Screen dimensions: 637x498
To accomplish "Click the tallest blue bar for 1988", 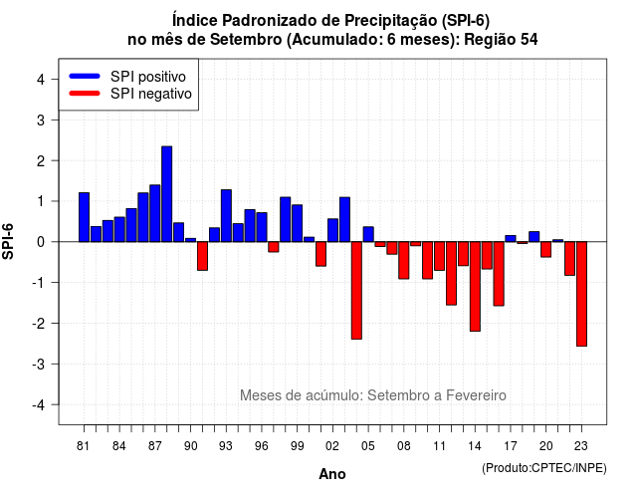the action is (166, 194).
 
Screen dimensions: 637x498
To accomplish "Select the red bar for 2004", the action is (356, 290).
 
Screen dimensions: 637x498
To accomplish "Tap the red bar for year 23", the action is (581, 294).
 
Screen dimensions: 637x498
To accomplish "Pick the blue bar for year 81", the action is (84, 217).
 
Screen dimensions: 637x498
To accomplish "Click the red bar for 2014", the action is (475, 287).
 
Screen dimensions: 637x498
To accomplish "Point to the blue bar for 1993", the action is (226, 215).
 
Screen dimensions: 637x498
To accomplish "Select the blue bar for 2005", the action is (368, 234).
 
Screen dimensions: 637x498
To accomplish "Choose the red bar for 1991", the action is (202, 256).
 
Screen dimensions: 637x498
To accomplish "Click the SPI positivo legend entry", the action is (127, 77).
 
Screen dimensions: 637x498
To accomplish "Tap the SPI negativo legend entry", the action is (130, 94).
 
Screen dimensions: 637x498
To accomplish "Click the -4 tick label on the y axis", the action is (39, 405).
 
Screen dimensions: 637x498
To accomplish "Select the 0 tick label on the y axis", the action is (41, 242).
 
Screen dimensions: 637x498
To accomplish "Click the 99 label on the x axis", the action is (297, 446).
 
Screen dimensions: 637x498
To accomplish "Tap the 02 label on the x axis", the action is (332, 446).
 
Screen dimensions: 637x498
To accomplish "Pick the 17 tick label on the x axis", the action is (511, 446).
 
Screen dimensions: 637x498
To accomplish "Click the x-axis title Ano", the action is (332, 474).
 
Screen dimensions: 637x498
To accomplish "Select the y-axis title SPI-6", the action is (8, 241).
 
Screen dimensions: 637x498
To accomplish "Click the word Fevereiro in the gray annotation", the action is (476, 395).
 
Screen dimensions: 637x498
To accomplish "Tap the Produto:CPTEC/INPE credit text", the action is (544, 468).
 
